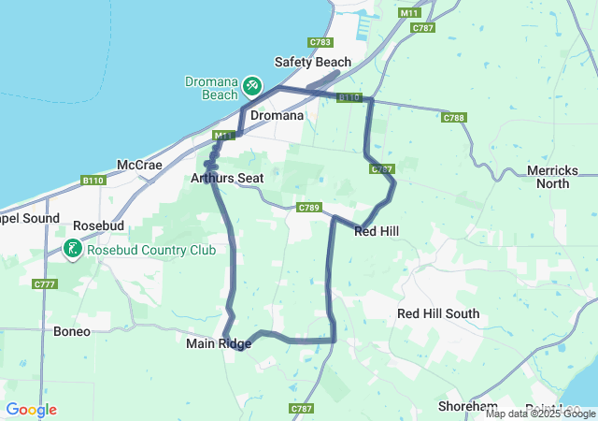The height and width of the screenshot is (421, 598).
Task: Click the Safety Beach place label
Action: pyautogui.click(x=312, y=62)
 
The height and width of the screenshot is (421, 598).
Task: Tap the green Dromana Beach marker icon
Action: pyautogui.click(x=251, y=86)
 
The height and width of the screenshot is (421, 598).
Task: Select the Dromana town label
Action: pyautogui.click(x=277, y=116)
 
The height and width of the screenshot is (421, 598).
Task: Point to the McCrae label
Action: pyautogui.click(x=139, y=165)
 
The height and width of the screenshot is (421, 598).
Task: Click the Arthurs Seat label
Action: pyautogui.click(x=226, y=178)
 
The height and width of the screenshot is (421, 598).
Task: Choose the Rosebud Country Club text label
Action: pyautogui.click(x=150, y=250)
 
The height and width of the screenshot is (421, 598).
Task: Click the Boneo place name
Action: pyautogui.click(x=72, y=331)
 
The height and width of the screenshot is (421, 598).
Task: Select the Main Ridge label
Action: pyautogui.click(x=219, y=343)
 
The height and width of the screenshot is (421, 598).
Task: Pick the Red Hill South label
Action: pyautogui.click(x=438, y=313)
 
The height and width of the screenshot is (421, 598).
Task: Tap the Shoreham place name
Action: pyautogui.click(x=467, y=406)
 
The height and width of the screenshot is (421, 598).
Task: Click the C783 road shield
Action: pyautogui.click(x=320, y=42)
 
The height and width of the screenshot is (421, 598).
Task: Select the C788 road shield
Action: pyautogui.click(x=454, y=118)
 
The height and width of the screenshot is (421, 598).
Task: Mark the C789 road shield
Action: pyautogui.click(x=309, y=207)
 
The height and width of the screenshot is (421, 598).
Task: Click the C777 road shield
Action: pyautogui.click(x=44, y=283)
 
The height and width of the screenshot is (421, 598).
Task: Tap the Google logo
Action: pyautogui.click(x=31, y=410)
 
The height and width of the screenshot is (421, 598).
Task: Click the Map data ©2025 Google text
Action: pyautogui.click(x=540, y=414)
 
